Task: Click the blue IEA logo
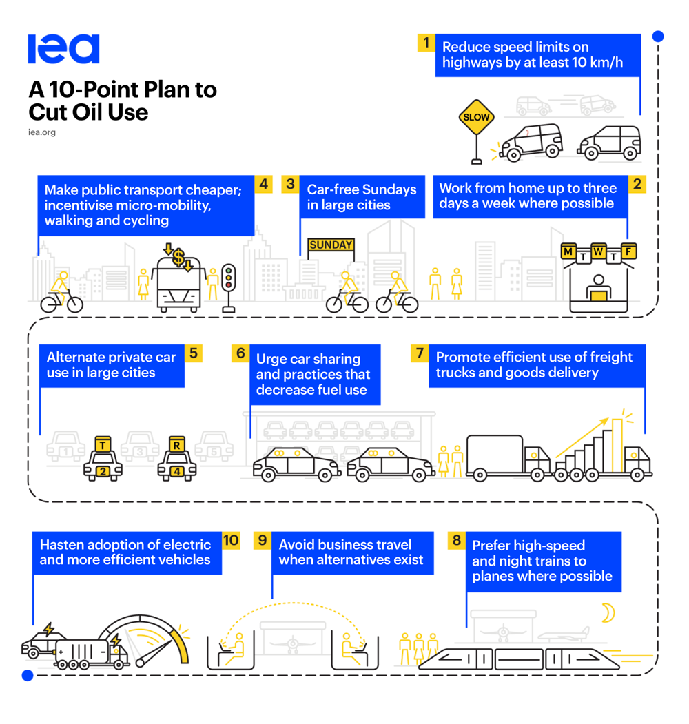tap(63, 49)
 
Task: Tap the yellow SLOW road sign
tap(476, 117)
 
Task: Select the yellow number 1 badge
tap(426, 43)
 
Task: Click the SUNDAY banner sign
tap(331, 245)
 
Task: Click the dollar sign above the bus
tap(178, 257)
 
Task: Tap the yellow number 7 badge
tap(420, 353)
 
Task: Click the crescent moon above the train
tap(607, 612)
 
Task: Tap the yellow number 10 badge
tap(230, 540)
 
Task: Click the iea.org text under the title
tap(42, 132)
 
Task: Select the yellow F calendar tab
tap(628, 251)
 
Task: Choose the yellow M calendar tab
tap(569, 251)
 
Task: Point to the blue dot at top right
tap(658, 37)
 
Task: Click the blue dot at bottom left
tap(28, 676)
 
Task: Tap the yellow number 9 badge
tap(263, 540)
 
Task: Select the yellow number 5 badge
tap(194, 353)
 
